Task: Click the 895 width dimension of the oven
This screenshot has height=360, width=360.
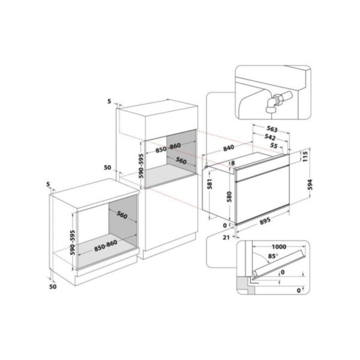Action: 265,221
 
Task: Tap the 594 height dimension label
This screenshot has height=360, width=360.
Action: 310,184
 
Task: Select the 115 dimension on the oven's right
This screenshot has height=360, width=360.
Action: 305,156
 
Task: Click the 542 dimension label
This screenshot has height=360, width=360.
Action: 270,137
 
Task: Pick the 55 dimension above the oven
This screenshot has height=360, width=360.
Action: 274,145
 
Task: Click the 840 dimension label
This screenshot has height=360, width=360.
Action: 229,148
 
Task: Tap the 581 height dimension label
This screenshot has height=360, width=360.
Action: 210,184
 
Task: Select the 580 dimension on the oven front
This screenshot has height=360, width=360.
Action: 229,197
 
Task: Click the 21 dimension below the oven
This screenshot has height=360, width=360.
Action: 226,237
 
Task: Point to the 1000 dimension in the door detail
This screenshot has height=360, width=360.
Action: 279,247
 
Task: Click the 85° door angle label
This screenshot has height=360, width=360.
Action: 273,256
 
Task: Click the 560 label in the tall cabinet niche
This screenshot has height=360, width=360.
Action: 181,161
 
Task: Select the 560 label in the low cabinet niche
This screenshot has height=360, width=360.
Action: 122,215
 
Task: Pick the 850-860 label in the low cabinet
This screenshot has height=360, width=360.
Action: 105,246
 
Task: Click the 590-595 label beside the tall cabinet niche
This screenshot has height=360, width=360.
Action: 141,166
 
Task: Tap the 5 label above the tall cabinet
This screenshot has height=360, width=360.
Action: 109,101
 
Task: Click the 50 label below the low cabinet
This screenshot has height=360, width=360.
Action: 53,287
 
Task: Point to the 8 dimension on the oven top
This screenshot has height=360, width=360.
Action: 233,163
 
